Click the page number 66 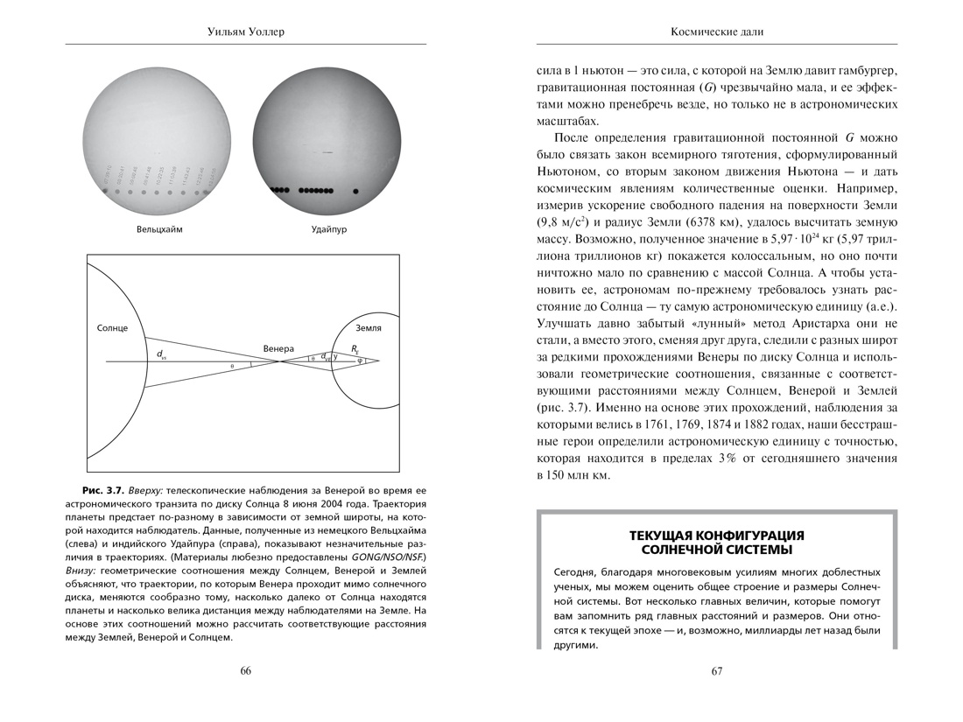(245, 671)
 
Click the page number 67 (716, 671)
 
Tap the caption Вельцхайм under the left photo (165, 229)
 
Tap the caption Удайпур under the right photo (329, 229)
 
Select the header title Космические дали (716, 32)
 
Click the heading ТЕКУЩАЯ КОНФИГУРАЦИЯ (716, 535)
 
